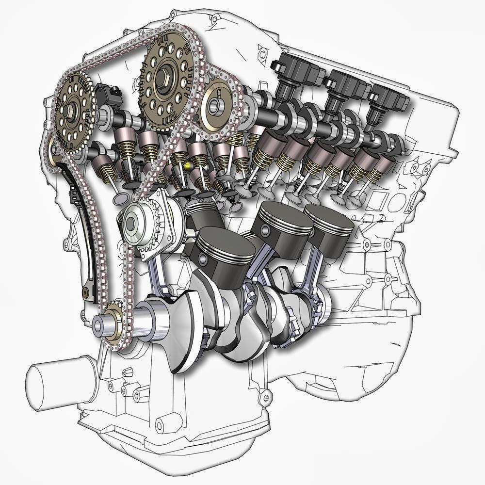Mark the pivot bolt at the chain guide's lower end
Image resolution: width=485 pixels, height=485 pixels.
[86, 292]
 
